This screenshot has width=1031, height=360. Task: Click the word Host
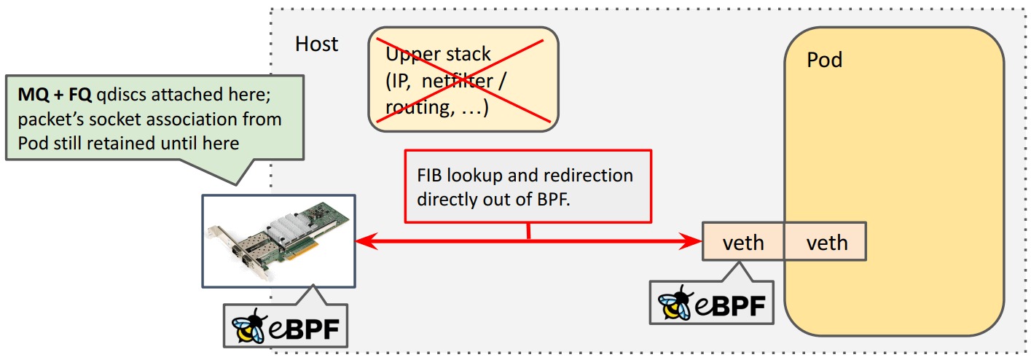pos(316,44)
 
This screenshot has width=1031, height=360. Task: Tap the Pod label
pos(824,59)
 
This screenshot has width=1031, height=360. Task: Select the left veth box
pos(742,241)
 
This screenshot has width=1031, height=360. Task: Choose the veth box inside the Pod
pos(826,241)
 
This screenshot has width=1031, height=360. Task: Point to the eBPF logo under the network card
pos(286,326)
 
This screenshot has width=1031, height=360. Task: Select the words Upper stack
pos(438,55)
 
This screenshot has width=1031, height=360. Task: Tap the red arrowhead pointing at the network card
pos(361,240)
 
